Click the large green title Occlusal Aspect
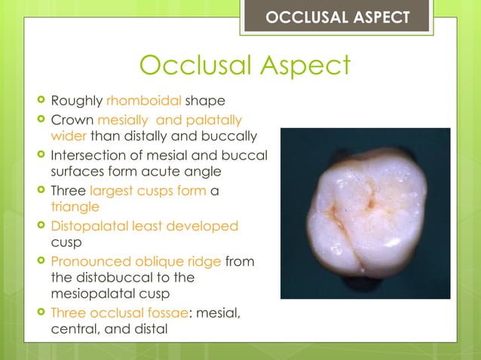[x=245, y=66]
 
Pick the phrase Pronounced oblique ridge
[x=136, y=261]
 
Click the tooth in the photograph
[x=365, y=212]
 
